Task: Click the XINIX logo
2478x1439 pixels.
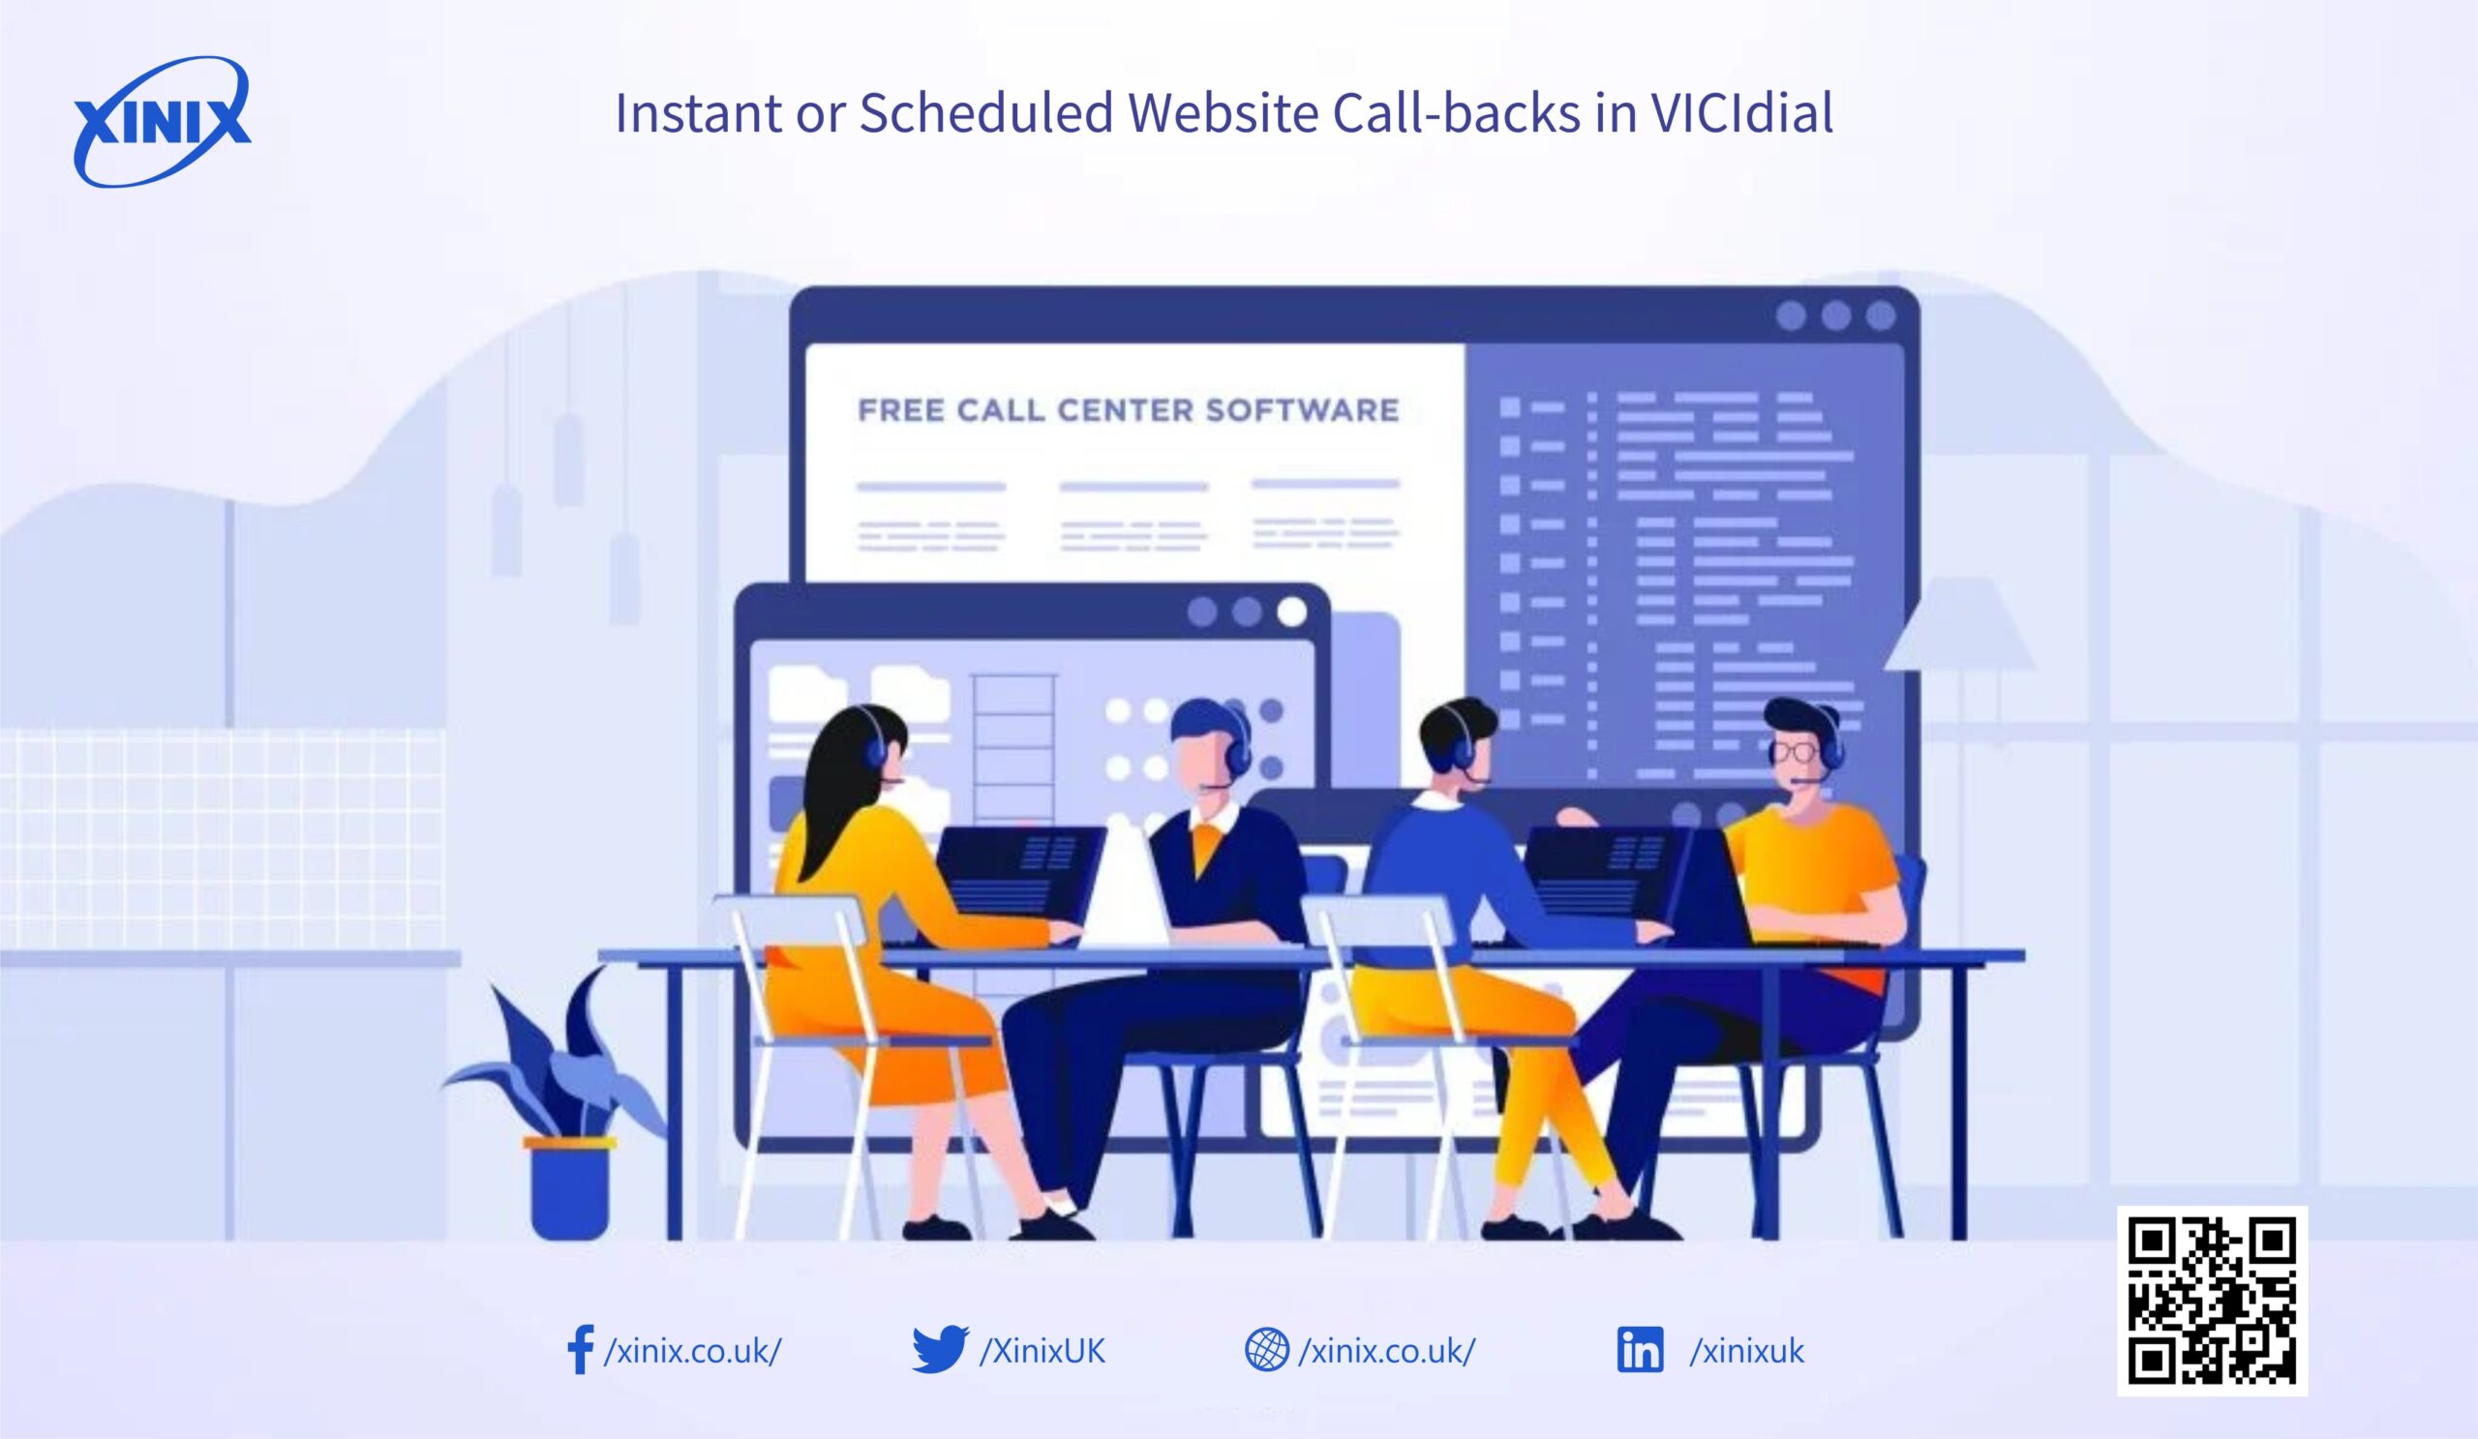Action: click(x=163, y=122)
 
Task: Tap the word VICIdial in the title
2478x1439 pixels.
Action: click(x=1741, y=113)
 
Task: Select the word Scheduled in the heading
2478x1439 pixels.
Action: click(x=986, y=113)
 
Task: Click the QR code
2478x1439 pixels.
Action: click(x=2212, y=1301)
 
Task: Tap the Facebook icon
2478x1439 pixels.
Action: click(x=580, y=1350)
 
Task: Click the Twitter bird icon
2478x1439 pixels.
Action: click(x=939, y=1349)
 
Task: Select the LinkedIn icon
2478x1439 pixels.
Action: click(x=1640, y=1350)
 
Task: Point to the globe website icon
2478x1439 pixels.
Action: click(x=1266, y=1350)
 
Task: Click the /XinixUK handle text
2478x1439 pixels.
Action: click(x=1043, y=1352)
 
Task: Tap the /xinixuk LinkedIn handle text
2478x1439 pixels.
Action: click(x=1746, y=1352)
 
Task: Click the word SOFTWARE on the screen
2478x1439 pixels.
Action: click(x=1302, y=410)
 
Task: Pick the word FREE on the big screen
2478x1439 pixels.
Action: click(x=901, y=410)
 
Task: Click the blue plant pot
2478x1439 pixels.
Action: click(x=569, y=1191)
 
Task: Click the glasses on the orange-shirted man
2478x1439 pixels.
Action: click(x=1796, y=753)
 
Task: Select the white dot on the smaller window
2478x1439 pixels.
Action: click(x=1292, y=613)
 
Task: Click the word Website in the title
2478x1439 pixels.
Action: click(x=1223, y=113)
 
